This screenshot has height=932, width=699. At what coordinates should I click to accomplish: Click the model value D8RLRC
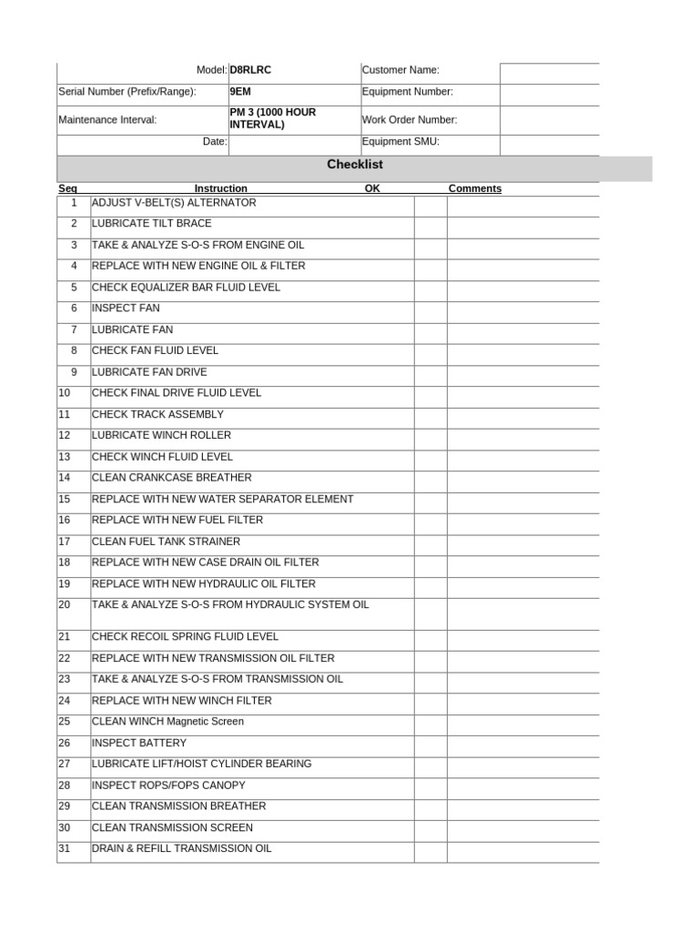tap(250, 70)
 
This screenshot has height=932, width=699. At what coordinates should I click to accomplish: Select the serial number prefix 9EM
tap(240, 92)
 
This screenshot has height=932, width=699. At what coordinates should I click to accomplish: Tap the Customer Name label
tap(400, 70)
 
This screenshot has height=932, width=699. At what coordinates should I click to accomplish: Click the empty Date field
tap(293, 142)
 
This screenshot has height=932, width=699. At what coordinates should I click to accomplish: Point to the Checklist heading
tap(355, 165)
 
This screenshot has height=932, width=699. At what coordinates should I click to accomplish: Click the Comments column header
tap(474, 188)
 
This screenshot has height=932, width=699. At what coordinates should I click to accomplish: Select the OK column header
tap(372, 188)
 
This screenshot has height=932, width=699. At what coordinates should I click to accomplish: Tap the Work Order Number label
tap(410, 119)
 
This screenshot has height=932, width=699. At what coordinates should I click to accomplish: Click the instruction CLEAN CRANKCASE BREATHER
tap(172, 478)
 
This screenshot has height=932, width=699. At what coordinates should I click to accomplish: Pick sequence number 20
tap(64, 605)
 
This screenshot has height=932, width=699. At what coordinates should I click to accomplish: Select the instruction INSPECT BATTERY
tap(139, 744)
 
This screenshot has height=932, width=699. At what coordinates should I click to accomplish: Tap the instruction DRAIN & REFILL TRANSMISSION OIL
tap(182, 849)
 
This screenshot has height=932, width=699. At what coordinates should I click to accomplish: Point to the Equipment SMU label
tap(400, 142)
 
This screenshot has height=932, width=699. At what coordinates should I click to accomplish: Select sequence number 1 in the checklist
tap(74, 203)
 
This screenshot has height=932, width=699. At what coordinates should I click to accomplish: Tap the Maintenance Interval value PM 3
tap(272, 118)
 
